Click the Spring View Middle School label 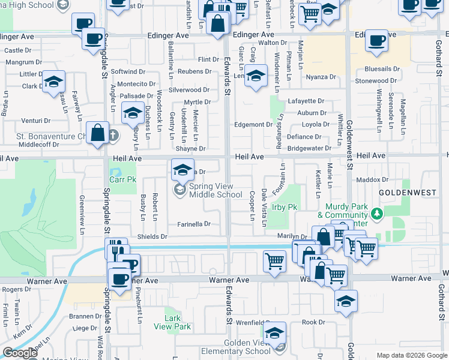pyautogui.click(x=215, y=190)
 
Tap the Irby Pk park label pyautogui.click(x=285, y=207)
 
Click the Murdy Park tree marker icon pyautogui.click(x=376, y=213)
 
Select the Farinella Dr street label pyautogui.click(x=194, y=224)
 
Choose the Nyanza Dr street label pyautogui.click(x=321, y=77)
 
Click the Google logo pyautogui.click(x=19, y=353)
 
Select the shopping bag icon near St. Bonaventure pyautogui.click(x=97, y=133)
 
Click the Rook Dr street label pyautogui.click(x=313, y=322)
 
